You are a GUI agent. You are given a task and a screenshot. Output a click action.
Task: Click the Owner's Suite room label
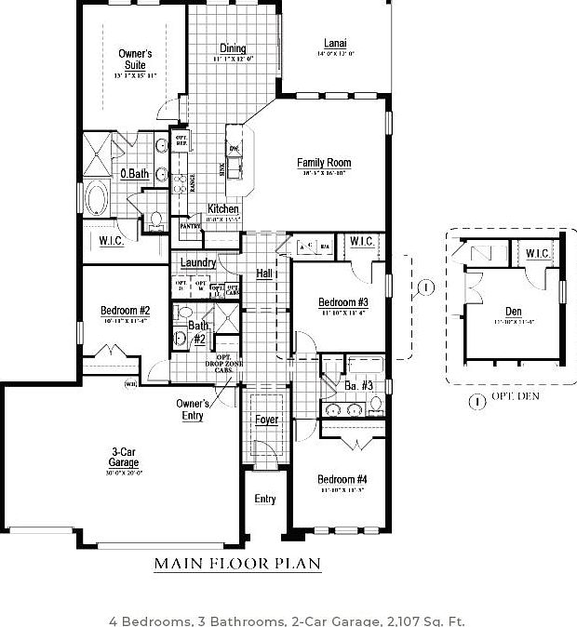[135, 60]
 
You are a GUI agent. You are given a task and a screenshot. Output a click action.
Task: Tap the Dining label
[233, 49]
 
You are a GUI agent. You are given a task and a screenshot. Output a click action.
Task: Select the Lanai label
[336, 44]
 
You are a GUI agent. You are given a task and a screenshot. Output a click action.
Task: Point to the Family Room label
[324, 164]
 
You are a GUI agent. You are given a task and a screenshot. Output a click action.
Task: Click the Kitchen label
[223, 209]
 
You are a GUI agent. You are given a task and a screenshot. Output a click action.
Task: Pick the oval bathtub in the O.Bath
[96, 198]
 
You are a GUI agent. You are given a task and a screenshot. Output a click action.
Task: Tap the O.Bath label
[134, 174]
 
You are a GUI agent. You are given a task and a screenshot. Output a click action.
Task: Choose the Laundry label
[197, 263]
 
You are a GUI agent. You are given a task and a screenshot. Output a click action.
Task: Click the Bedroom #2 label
[126, 311]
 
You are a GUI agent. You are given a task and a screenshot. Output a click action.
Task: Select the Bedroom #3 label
[343, 302]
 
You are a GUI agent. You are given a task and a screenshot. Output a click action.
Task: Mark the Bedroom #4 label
[342, 480]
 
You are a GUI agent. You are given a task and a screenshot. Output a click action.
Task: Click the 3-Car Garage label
[123, 458]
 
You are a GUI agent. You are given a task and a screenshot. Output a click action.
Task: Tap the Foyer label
[266, 420]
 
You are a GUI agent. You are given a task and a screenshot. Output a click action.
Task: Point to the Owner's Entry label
[193, 409]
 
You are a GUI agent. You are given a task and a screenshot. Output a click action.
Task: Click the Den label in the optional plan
[514, 312]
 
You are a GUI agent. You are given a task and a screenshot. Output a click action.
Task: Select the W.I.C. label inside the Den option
[537, 253]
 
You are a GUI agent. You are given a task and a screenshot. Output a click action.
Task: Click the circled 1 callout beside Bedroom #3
[426, 287]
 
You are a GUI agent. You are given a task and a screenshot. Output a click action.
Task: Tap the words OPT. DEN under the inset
[516, 397]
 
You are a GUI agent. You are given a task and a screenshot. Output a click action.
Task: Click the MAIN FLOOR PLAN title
[237, 564]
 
